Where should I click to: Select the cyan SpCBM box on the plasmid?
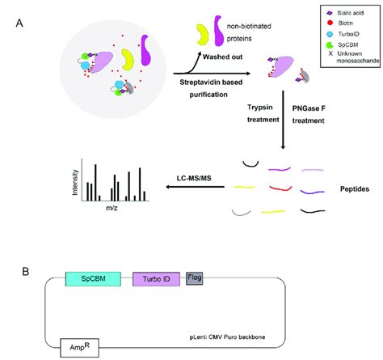click(93, 279)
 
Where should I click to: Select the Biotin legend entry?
click(342, 24)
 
